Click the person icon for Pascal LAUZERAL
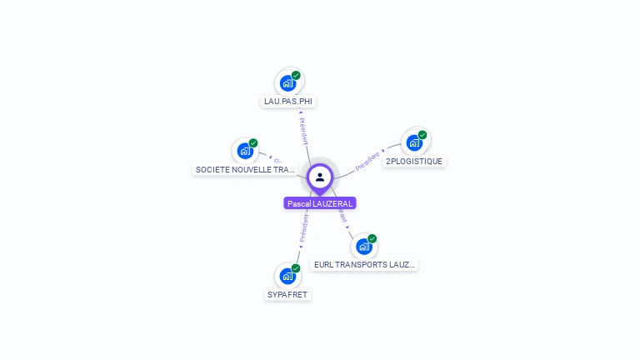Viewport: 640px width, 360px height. [x=320, y=177]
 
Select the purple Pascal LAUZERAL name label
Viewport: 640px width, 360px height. [x=320, y=203]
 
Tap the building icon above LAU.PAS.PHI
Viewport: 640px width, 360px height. [x=287, y=83]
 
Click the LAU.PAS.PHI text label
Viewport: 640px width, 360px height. [x=288, y=102]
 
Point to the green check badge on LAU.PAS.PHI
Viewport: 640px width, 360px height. [x=296, y=75]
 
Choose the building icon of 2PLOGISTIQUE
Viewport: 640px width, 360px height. [x=414, y=142]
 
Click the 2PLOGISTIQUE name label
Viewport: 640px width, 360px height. [x=415, y=161]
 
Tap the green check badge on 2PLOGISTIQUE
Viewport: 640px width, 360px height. [x=422, y=135]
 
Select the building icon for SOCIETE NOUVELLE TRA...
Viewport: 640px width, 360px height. [x=245, y=151]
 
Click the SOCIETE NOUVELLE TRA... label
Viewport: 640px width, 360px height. [x=245, y=169]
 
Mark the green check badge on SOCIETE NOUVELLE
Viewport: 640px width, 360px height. [x=253, y=143]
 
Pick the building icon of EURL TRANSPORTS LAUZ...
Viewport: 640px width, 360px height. [x=363, y=247]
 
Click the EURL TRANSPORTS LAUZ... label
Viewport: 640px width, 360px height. [x=364, y=265]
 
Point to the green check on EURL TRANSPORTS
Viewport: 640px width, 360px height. [x=372, y=239]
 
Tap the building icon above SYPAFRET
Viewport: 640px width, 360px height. [x=287, y=276]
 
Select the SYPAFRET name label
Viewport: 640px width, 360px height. [x=288, y=294]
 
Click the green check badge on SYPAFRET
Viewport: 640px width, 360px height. [x=296, y=268]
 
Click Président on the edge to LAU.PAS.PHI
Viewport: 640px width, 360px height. [x=302, y=132]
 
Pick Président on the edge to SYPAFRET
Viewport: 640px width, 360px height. [x=303, y=228]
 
